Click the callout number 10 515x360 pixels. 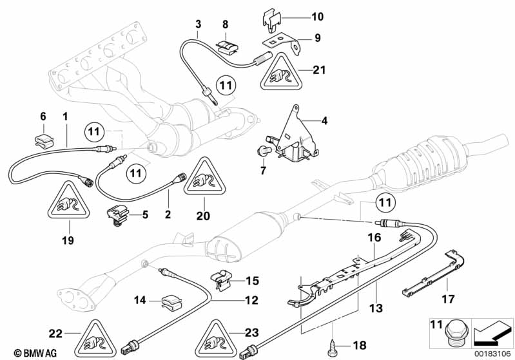click(x=318, y=17)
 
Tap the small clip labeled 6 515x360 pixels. click(x=44, y=135)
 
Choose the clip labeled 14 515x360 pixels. click(x=171, y=299)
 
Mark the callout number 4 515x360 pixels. click(x=325, y=120)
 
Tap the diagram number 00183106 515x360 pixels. click(x=490, y=354)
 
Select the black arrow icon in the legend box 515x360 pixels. click(x=492, y=332)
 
